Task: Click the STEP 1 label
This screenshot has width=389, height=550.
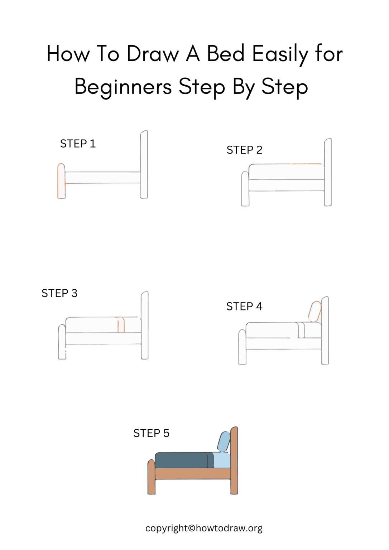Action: pos(78,144)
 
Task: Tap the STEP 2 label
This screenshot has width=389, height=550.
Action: pos(244,150)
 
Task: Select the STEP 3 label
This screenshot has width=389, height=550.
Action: pos(59,293)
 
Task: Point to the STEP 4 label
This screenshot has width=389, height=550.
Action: pos(244,307)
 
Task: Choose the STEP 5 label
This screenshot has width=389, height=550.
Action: pos(151,433)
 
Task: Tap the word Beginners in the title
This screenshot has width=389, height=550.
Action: pos(123,87)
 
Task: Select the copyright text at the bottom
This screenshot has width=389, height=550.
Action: pos(204,528)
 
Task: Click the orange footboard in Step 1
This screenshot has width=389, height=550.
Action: pos(61,181)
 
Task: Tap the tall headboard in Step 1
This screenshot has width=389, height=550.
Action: pos(144,165)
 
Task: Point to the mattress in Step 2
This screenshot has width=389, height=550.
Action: pos(286,172)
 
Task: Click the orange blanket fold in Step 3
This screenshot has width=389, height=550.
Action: pos(121,325)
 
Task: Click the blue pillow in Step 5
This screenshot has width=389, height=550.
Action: pos(224,441)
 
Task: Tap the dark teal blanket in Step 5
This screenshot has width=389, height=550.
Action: pos(181,460)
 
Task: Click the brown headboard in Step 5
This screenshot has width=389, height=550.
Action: pos(234,460)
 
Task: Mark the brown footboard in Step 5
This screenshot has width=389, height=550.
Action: pos(151,477)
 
